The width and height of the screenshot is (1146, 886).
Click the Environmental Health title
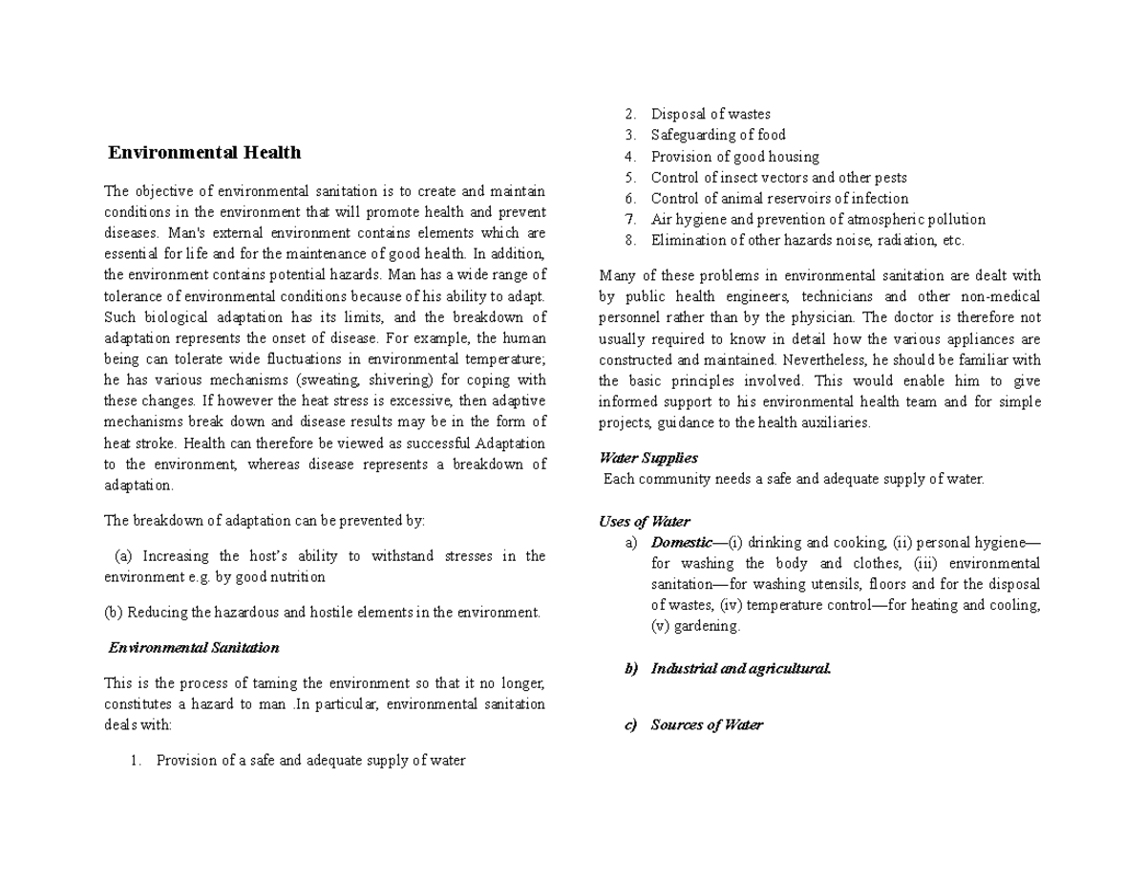click(x=204, y=153)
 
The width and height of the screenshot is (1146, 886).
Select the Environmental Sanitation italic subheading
click(x=194, y=648)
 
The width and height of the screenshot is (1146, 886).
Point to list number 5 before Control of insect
click(x=630, y=178)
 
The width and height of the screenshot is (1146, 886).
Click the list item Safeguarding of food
click(x=718, y=135)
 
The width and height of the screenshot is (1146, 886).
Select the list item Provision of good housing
click(x=734, y=157)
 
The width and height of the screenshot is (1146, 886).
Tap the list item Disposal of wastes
click(x=711, y=114)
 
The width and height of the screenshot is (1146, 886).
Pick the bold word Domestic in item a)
click(x=681, y=543)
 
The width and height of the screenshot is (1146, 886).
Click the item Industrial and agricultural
click(x=740, y=669)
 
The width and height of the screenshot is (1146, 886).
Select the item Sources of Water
click(x=706, y=725)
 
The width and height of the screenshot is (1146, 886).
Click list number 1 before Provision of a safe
click(x=136, y=762)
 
